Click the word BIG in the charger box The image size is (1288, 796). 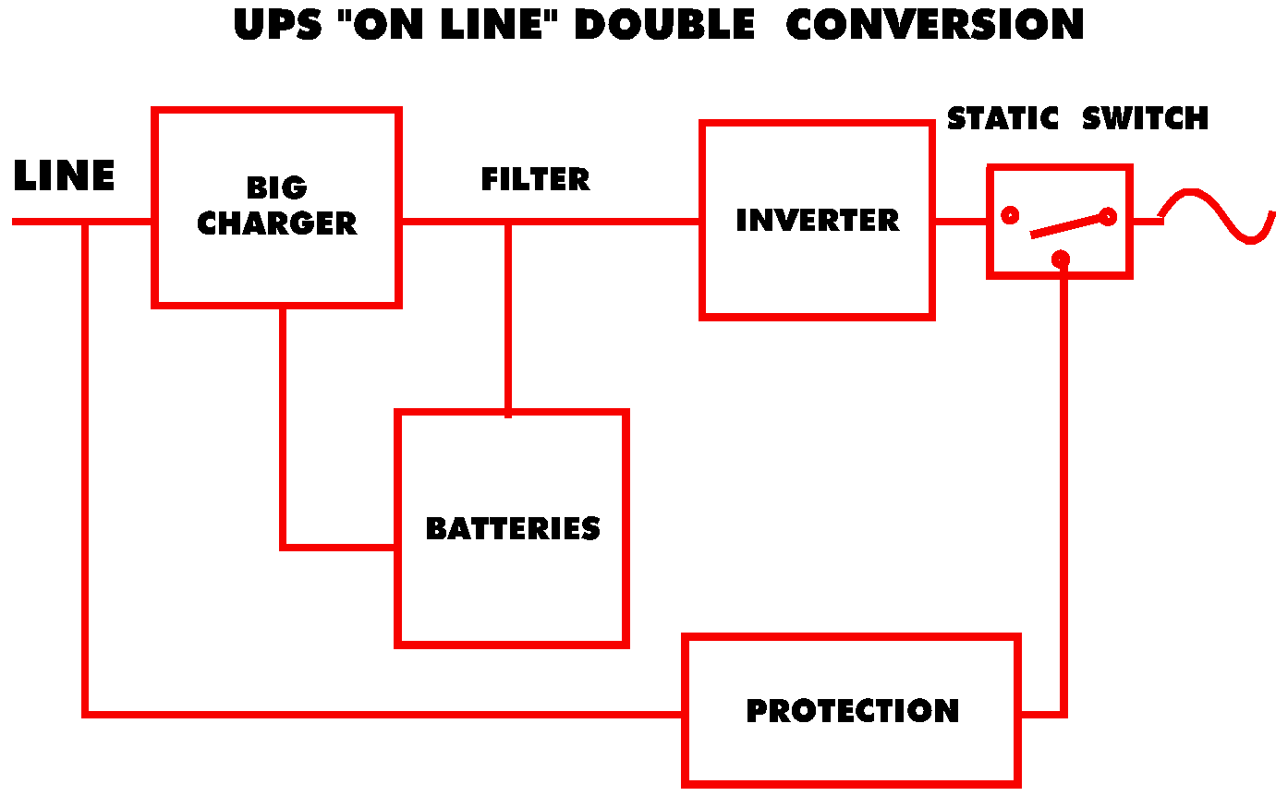click(276, 187)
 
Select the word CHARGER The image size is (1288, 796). click(276, 223)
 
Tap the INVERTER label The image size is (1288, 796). click(817, 221)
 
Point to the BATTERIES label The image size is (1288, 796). click(513, 528)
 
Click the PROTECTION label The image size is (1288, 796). click(852, 711)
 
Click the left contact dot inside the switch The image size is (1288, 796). click(1010, 215)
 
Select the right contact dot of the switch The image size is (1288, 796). click(1108, 217)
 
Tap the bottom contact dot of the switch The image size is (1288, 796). click(1061, 259)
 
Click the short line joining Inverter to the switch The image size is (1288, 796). click(961, 222)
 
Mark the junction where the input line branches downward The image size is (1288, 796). click(85, 222)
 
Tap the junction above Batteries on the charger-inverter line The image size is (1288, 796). click(507, 222)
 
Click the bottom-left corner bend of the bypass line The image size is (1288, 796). click(85, 714)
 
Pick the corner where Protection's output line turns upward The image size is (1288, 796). click(1063, 714)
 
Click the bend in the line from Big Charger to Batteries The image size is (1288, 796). click(283, 547)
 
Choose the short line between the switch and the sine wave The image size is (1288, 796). click(1147, 222)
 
